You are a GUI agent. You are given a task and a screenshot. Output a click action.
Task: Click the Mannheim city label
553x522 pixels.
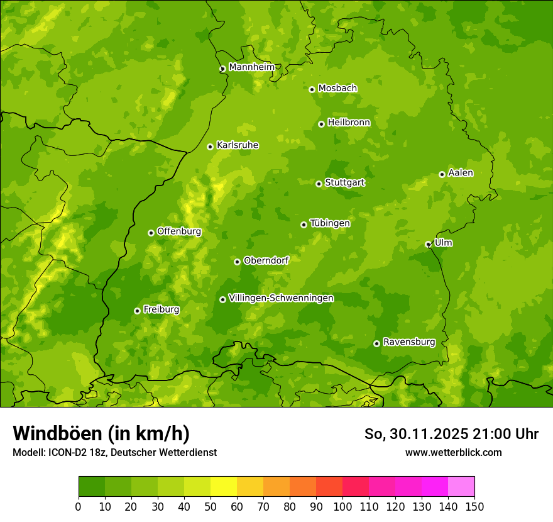coord(251,67)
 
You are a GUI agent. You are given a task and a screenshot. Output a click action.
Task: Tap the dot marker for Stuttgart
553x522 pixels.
coord(319,184)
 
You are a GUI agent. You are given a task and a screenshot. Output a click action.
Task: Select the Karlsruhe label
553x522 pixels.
coord(237,145)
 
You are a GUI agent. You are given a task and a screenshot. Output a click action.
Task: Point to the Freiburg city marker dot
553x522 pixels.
coord(137,311)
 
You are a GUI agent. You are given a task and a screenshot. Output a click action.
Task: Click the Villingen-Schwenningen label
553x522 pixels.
coord(281,298)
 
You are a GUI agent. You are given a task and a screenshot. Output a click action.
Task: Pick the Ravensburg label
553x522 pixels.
coord(408,342)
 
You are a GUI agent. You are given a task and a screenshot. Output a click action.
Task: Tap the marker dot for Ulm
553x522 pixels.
coord(428,244)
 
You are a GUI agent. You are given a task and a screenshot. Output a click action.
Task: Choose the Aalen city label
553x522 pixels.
coord(460,173)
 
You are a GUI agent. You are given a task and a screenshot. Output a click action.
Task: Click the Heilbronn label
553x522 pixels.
coord(349,123)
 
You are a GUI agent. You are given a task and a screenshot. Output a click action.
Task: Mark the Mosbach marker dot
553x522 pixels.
coord(312,89)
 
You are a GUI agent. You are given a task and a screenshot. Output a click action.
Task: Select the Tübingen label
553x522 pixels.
coord(329,223)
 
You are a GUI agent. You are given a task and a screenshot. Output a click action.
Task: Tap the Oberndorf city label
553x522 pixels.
coord(266,260)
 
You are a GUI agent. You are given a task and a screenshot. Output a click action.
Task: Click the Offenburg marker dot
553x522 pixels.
coord(151,233)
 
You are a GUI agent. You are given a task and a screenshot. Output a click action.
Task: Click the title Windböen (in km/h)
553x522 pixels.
coord(101,433)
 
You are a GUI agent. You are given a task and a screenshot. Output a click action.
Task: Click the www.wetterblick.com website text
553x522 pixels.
coord(453,452)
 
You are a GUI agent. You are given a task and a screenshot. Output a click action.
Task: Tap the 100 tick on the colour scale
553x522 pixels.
coord(342,506)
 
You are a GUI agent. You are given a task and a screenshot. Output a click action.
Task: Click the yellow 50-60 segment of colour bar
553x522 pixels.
coord(223,487)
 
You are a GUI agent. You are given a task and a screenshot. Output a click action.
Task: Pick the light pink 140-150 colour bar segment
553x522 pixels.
coord(461,487)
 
